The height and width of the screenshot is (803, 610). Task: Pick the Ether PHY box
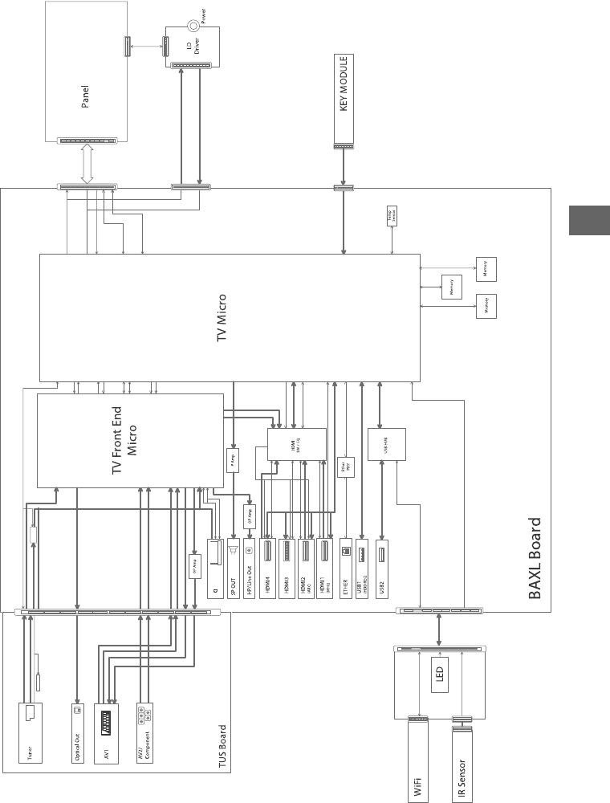(346, 467)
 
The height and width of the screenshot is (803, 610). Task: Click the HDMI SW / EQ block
(297, 444)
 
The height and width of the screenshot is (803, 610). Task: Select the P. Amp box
(233, 460)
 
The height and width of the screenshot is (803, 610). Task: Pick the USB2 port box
(381, 565)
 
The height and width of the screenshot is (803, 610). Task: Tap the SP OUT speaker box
(234, 565)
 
